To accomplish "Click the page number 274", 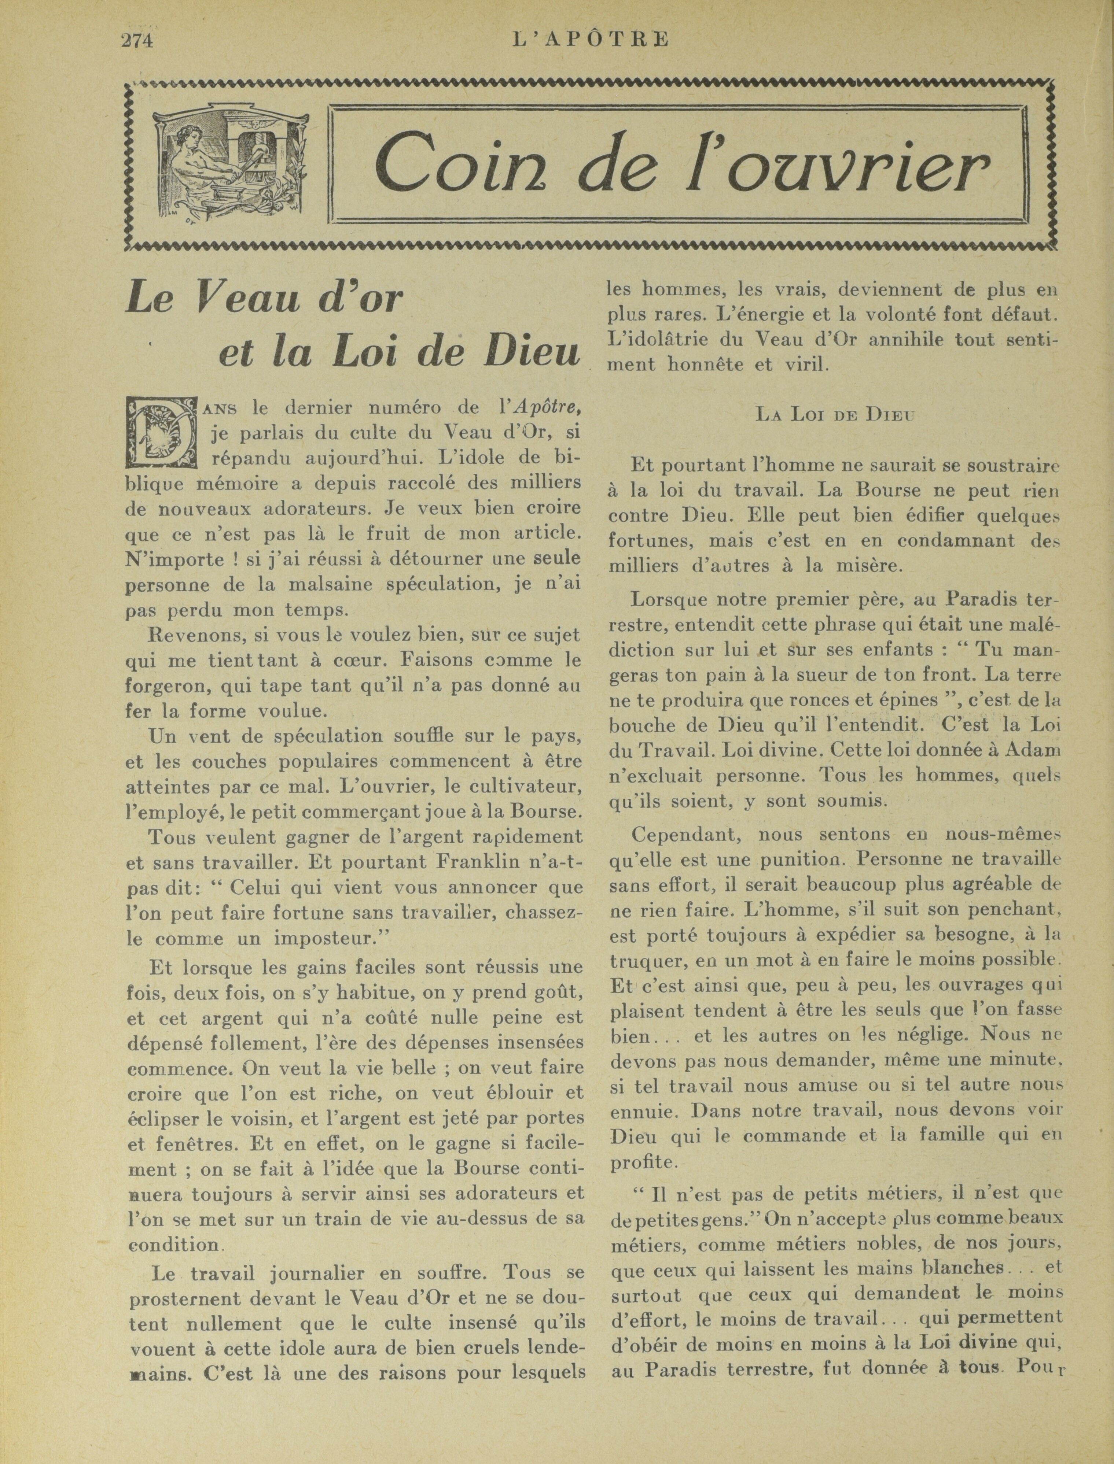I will [x=137, y=40].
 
